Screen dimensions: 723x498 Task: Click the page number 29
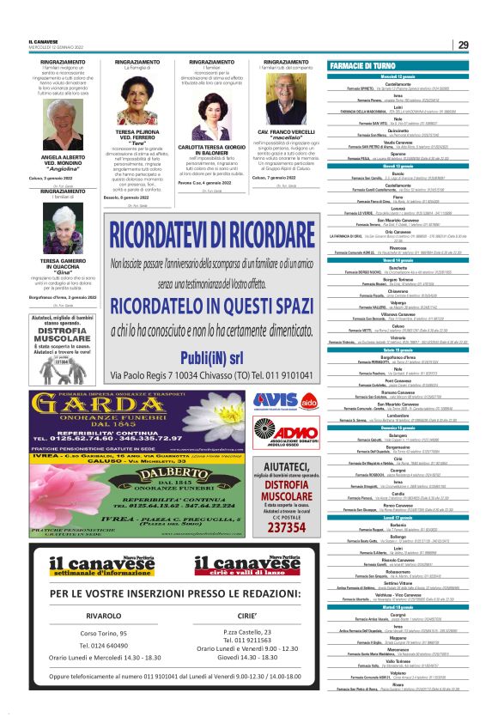[x=463, y=45]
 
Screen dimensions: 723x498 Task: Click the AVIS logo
[x=276, y=400]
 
